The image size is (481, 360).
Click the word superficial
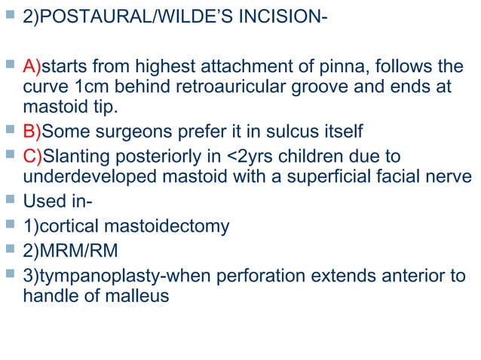pos(326,175)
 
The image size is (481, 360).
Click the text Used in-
pos(54,202)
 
